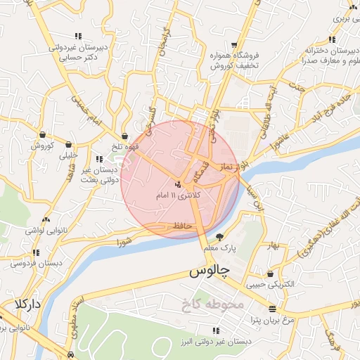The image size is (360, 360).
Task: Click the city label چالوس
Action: pyautogui.click(x=211, y=271)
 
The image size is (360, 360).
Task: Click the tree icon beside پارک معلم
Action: pyautogui.click(x=220, y=237)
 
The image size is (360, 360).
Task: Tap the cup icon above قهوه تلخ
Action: pyautogui.click(x=125, y=136)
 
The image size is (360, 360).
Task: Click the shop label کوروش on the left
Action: pyautogui.click(x=42, y=146)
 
